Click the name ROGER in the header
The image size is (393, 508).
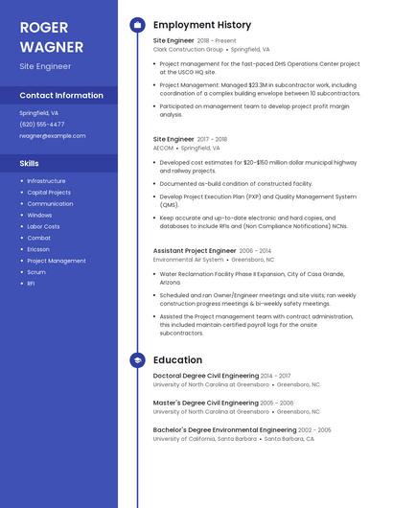point(43,26)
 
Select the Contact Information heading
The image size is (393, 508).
point(61,95)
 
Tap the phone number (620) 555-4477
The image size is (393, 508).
point(42,124)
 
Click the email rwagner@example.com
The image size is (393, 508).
point(53,135)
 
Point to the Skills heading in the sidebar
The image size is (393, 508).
point(29,163)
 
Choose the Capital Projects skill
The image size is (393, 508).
point(49,192)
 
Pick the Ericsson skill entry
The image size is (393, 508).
point(38,249)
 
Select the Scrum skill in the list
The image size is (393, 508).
point(36,272)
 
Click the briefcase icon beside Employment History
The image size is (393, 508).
point(137,25)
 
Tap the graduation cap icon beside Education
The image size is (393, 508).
point(137,359)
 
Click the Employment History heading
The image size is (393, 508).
point(201,25)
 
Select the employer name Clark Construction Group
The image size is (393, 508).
point(188,49)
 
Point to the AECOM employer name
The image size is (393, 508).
point(163,149)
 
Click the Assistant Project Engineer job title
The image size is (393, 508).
point(195,250)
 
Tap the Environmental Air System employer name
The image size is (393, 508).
point(188,259)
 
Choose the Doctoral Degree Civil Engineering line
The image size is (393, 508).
point(206,376)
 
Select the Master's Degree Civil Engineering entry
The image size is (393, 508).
point(206,403)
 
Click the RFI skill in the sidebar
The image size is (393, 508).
point(31,284)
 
